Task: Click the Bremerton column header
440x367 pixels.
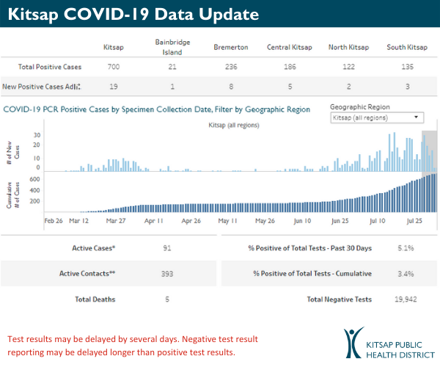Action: pyautogui.click(x=230, y=48)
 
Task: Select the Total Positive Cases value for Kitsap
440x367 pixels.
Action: pyautogui.click(x=114, y=67)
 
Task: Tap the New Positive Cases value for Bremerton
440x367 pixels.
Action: pyautogui.click(x=230, y=86)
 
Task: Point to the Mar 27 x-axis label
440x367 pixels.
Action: pyautogui.click(x=117, y=219)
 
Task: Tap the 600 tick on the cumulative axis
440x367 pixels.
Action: pyautogui.click(x=34, y=178)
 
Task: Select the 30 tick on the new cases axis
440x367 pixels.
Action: pyautogui.click(x=37, y=136)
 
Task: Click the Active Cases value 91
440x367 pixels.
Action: pyautogui.click(x=167, y=248)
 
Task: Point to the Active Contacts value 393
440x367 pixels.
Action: pyautogui.click(x=167, y=274)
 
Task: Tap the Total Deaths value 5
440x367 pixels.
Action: pyautogui.click(x=167, y=299)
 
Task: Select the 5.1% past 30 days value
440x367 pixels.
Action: pyautogui.click(x=406, y=248)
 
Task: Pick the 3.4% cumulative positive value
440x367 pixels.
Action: pyautogui.click(x=406, y=274)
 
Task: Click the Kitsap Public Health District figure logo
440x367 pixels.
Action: pyautogui.click(x=354, y=343)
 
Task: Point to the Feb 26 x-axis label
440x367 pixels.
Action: pyautogui.click(x=53, y=219)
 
